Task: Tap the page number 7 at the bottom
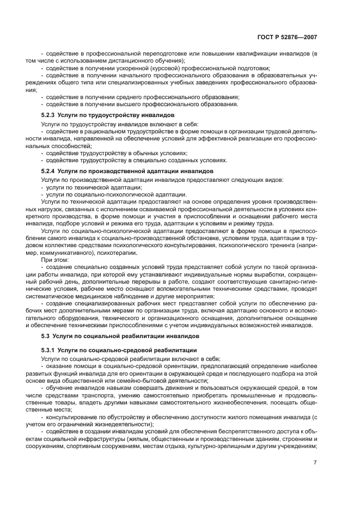coord(314,462)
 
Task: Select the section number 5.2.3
coord(48,115)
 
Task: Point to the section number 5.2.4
coord(48,171)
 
